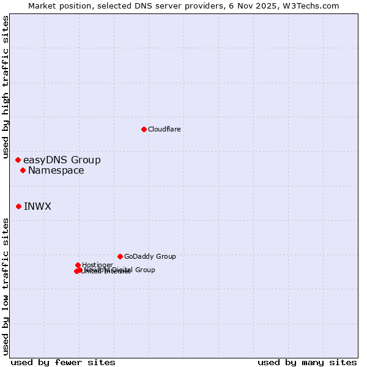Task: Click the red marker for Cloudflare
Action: point(144,129)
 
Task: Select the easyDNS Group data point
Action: point(18,160)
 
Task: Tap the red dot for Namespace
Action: point(23,170)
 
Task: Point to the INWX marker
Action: point(18,206)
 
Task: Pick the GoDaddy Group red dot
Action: point(120,256)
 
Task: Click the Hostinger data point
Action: point(78,265)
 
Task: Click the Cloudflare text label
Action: point(164,129)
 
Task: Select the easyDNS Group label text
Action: point(62,160)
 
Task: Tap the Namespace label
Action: point(56,171)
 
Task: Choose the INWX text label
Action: point(37,207)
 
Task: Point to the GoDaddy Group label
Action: point(150,257)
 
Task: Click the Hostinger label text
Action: point(97,265)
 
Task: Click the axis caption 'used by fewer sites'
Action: point(63,362)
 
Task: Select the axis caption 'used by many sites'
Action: point(307,362)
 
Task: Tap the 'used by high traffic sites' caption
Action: point(6,87)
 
